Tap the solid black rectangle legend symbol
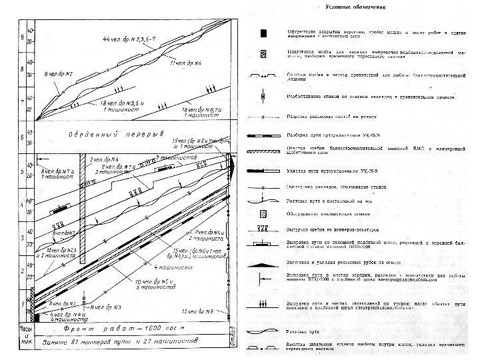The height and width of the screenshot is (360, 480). pyautogui.click(x=265, y=33)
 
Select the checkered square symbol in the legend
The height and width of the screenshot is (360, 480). pyautogui.click(x=265, y=54)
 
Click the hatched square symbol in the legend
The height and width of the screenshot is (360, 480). pyautogui.click(x=265, y=214)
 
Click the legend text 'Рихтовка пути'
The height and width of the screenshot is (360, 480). pyautogui.click(x=308, y=331)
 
